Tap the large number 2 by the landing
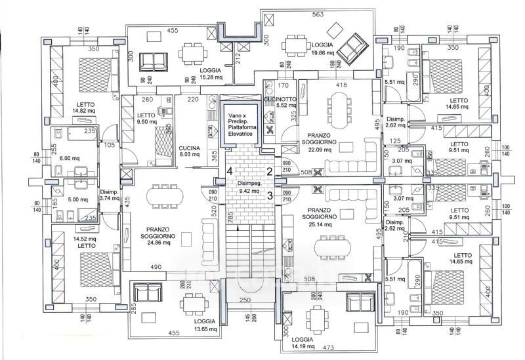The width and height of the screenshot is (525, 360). click(x=269, y=171)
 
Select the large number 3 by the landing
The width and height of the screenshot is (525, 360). click(x=269, y=194)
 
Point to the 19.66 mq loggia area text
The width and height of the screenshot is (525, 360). click(x=322, y=52)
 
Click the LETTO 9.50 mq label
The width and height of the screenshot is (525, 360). click(x=146, y=119)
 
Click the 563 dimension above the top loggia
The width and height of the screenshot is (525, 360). click(x=318, y=14)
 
